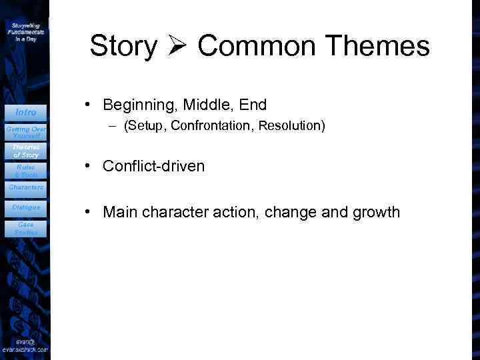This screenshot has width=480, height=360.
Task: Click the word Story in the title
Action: tap(123, 47)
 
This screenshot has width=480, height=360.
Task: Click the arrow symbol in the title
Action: tap(177, 46)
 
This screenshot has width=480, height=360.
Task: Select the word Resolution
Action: tap(291, 125)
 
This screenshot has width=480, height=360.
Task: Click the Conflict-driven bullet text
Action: tap(153, 166)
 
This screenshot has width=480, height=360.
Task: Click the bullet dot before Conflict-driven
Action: tap(87, 166)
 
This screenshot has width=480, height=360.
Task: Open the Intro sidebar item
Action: tap(25, 112)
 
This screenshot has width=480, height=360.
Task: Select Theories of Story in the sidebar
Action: tap(25, 151)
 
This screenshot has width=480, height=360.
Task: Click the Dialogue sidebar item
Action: tap(25, 207)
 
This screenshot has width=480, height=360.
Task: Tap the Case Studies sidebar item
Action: tap(25, 229)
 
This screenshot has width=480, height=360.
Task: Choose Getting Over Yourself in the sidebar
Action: tap(25, 131)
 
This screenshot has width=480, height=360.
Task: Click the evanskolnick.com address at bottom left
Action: tap(25, 349)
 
